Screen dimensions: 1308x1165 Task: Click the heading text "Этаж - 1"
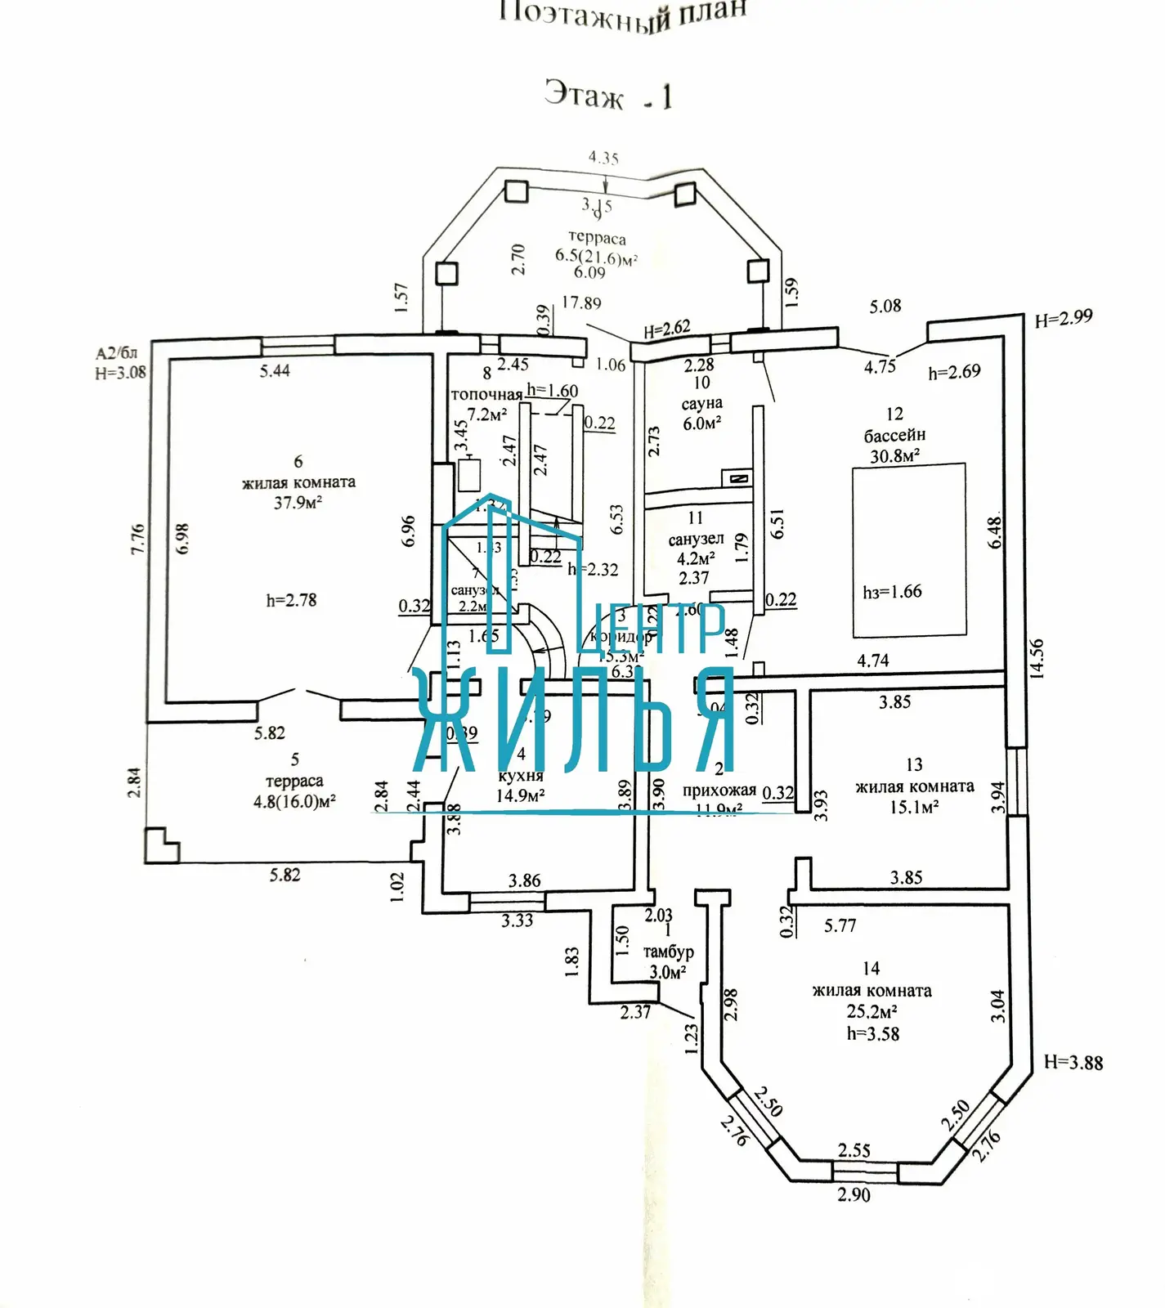tap(608, 96)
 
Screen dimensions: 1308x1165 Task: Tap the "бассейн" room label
tap(894, 435)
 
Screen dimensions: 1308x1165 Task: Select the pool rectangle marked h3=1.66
tap(908, 549)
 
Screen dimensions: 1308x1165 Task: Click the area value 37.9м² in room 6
tap(298, 503)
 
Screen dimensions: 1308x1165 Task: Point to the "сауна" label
tap(701, 403)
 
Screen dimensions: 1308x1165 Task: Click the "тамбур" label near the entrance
tap(668, 952)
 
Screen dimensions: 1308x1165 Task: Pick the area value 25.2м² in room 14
tap(872, 1012)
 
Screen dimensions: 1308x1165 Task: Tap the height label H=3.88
tap(1073, 1063)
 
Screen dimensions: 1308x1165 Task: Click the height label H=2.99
tap(1063, 318)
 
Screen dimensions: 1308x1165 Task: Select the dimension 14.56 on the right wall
tap(1036, 658)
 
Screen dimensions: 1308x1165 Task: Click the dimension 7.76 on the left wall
tap(137, 539)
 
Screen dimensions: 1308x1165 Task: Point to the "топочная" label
tap(486, 395)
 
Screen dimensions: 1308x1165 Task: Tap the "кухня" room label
tap(521, 775)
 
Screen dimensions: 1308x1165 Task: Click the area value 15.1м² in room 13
tap(913, 808)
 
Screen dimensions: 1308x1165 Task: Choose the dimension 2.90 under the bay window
tap(854, 1195)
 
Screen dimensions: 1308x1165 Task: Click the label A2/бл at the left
tap(116, 353)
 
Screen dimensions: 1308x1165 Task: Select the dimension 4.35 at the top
tap(603, 158)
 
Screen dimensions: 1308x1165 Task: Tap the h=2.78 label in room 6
tap(291, 600)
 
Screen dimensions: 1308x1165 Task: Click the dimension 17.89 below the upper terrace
tap(581, 303)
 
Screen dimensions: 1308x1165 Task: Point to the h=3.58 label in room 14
tap(872, 1034)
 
